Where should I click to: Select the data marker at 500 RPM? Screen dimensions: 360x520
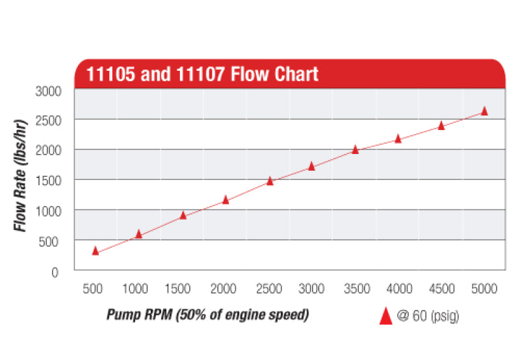click(96, 250)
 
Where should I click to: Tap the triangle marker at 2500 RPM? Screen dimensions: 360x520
click(270, 181)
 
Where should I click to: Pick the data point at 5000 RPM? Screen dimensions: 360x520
click(484, 111)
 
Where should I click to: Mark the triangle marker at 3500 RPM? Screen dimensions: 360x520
click(355, 149)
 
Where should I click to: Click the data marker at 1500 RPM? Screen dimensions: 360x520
click(183, 214)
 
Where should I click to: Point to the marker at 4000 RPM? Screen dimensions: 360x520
click(398, 138)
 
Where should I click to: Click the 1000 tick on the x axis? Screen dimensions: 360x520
click(136, 289)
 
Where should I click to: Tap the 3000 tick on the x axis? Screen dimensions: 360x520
click(312, 289)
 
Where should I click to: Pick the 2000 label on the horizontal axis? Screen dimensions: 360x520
click(224, 289)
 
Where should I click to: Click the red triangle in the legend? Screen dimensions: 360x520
click(385, 316)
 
